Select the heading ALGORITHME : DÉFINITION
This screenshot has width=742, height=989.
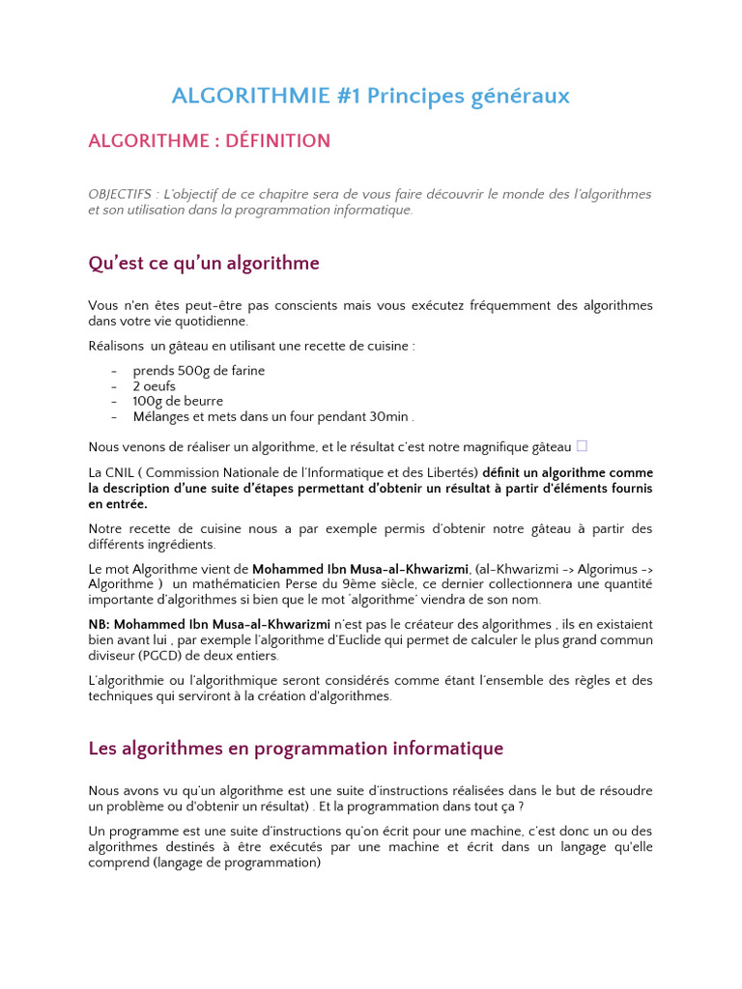209,141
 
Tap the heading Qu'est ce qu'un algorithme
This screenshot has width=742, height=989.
203,263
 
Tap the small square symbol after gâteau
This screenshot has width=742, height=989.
582,446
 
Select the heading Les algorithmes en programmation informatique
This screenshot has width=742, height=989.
296,749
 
